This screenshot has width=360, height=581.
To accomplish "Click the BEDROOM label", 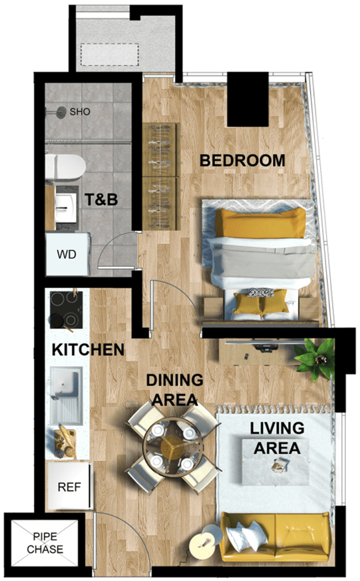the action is (242, 160).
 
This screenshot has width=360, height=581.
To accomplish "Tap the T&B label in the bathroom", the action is (101, 200).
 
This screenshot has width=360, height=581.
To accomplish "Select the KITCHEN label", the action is (88, 350).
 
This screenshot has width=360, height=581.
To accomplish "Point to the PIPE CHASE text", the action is (45, 543).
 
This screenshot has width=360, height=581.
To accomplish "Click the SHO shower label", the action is (80, 112).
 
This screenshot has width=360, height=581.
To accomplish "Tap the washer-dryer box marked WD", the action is (68, 254).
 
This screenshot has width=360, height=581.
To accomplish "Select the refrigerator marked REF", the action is (69, 486).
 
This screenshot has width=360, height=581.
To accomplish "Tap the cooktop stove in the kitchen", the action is (67, 309).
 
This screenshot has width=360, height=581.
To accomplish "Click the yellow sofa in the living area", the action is (274, 536).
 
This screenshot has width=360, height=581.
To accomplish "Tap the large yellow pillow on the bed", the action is (261, 222).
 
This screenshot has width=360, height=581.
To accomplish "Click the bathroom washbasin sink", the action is (67, 208).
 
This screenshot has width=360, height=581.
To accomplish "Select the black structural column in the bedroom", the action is (248, 99).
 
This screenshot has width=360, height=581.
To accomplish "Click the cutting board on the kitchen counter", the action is (65, 443).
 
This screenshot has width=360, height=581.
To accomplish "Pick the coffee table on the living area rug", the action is (275, 462).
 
